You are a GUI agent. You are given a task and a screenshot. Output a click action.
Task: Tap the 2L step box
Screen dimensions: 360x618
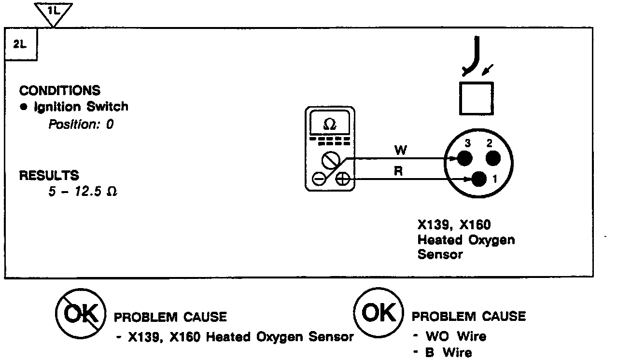(21, 44)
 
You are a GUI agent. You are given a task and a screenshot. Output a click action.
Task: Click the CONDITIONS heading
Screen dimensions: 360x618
(60, 90)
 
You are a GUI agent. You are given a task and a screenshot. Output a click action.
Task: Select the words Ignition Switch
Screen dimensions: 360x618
(81, 107)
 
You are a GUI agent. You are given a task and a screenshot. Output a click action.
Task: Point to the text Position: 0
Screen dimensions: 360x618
(81, 124)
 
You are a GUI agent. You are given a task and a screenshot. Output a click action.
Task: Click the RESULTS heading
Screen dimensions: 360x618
(49, 175)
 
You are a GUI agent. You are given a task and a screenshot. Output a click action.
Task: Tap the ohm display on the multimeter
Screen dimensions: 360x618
(330, 124)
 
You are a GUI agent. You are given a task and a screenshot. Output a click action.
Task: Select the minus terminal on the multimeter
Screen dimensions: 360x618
(319, 179)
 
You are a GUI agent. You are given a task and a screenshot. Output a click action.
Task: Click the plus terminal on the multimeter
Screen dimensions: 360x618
(342, 180)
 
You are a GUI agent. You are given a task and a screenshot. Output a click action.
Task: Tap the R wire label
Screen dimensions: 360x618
(399, 172)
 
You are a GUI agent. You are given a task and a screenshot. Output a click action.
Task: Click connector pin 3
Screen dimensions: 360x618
(464, 158)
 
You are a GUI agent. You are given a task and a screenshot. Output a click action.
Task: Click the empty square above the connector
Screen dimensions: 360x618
(477, 98)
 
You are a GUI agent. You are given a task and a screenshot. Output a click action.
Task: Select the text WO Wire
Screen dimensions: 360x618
(455, 336)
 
